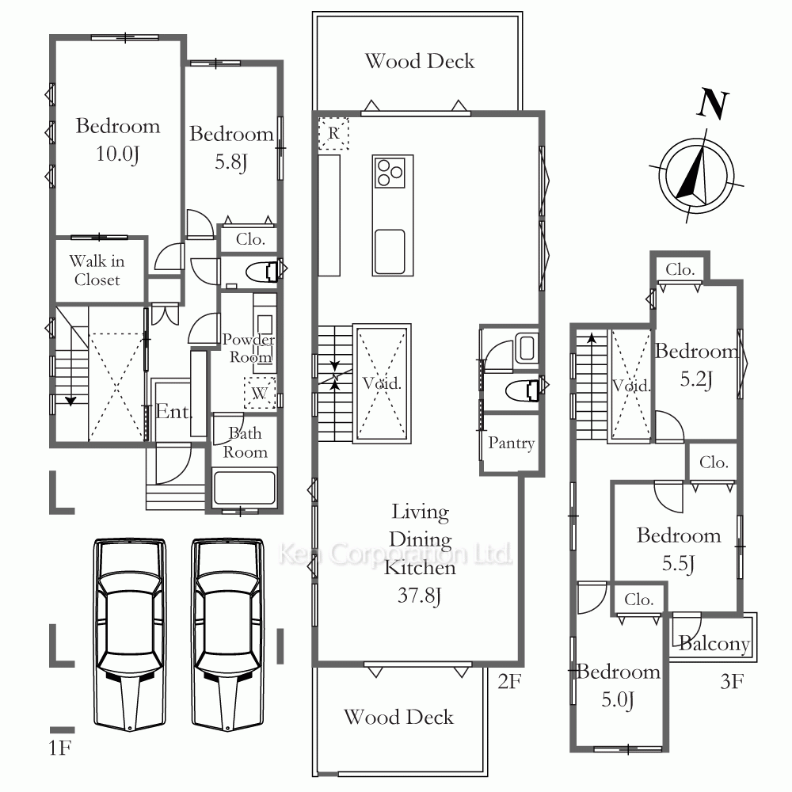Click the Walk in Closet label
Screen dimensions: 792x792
[97, 270]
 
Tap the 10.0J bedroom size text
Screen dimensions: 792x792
[117, 154]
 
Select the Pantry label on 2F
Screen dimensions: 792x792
[511, 443]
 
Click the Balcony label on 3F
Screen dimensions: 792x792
[714, 643]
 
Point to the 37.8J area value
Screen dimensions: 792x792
[419, 596]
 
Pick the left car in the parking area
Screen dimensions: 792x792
[129, 634]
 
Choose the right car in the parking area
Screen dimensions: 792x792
[228, 634]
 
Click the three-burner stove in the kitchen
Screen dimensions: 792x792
[390, 173]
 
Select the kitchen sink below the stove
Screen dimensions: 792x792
[390, 252]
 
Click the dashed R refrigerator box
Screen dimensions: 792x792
[333, 133]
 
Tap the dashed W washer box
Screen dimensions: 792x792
[260, 393]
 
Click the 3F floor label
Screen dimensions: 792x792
[732, 682]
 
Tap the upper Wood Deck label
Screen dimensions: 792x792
[420, 61]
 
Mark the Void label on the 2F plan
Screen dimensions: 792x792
[382, 383]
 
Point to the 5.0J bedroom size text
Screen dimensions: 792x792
[617, 700]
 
